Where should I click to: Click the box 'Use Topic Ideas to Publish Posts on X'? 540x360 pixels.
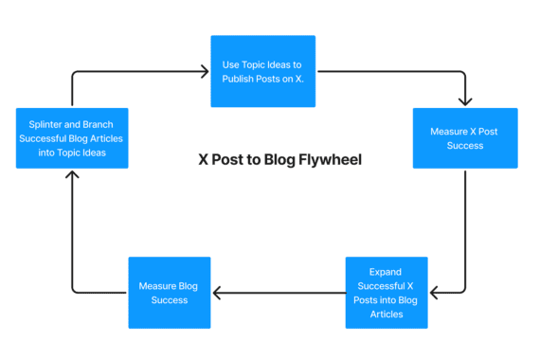pos(262,71)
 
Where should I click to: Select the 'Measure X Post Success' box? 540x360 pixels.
pos(465,138)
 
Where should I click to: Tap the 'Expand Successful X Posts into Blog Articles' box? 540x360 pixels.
pos(387,293)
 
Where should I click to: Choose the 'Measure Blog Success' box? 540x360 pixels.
pos(170,293)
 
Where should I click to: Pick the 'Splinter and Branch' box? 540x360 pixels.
pos(72,138)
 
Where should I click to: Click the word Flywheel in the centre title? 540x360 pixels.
pos(331,160)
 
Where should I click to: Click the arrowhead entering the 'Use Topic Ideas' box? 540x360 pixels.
pos(204,71)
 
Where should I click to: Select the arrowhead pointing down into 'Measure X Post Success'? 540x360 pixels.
pos(465,101)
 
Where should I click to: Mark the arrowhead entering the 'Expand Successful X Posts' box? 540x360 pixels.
pos(434,293)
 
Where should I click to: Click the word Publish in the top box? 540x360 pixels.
pos(239,79)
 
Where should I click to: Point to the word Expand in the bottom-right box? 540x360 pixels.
pos(387,271)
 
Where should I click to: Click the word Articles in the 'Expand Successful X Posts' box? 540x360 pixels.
pos(387,314)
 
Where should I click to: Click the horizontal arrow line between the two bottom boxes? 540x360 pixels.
pos(279,293)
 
